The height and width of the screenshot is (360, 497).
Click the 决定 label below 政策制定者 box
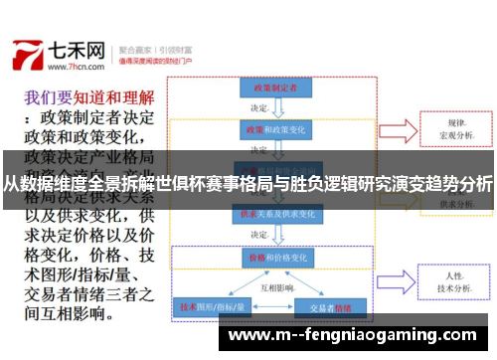pos(259,108)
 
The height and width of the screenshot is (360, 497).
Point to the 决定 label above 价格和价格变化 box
pos(259,235)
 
